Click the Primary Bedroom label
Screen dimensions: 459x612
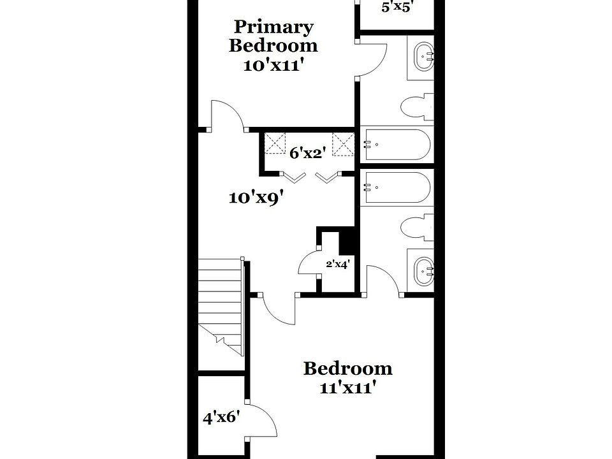[273, 36]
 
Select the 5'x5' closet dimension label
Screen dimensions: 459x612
[398, 8]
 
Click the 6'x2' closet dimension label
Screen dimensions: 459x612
[308, 153]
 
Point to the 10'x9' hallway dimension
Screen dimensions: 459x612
[256, 198]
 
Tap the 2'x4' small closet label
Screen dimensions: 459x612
[338, 263]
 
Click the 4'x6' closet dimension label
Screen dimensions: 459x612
[221, 418]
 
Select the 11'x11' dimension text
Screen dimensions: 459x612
[347, 388]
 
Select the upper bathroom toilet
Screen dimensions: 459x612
[418, 107]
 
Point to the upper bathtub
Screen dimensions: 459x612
[397, 145]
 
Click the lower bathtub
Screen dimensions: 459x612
[397, 187]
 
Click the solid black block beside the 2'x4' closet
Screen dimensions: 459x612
[347, 241]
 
